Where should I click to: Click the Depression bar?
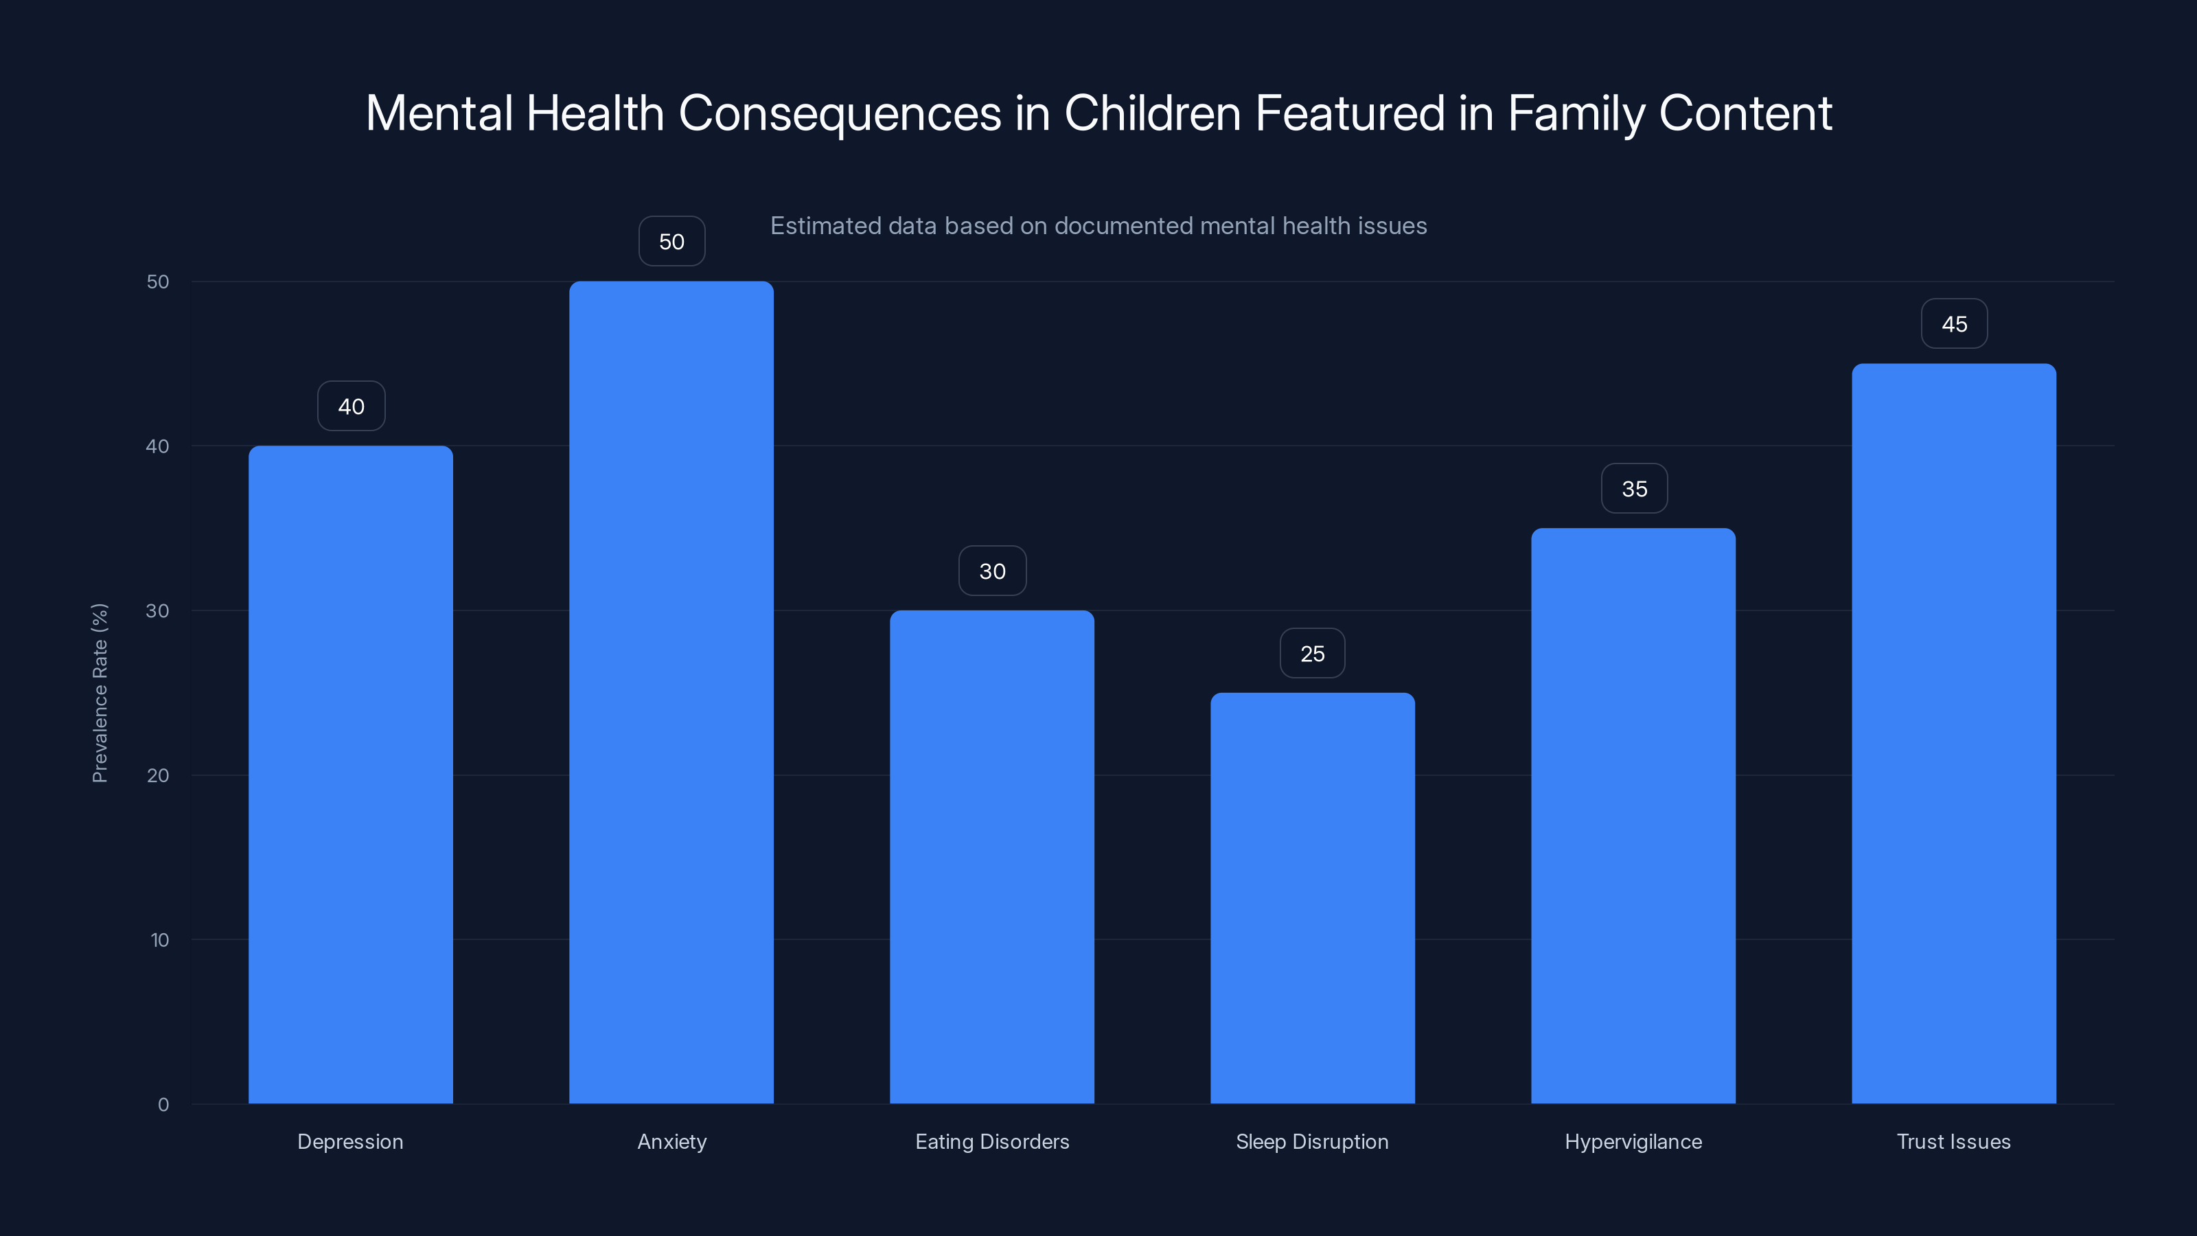(351, 775)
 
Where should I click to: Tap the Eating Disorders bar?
(992, 856)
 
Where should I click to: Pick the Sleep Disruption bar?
(1313, 897)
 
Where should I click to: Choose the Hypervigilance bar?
(1633, 816)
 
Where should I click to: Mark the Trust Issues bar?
(1954, 733)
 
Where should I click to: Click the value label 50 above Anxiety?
(671, 242)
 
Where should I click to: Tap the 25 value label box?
(1313, 654)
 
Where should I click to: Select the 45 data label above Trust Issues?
(1954, 324)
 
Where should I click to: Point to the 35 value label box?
(1634, 489)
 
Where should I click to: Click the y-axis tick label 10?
(159, 940)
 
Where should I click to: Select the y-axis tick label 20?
(158, 775)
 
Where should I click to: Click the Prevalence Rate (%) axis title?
(100, 693)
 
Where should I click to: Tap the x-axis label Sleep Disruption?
(1312, 1141)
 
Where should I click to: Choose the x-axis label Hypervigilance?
(1633, 1141)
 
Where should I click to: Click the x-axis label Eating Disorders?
(992, 1141)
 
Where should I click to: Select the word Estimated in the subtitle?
(825, 226)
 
